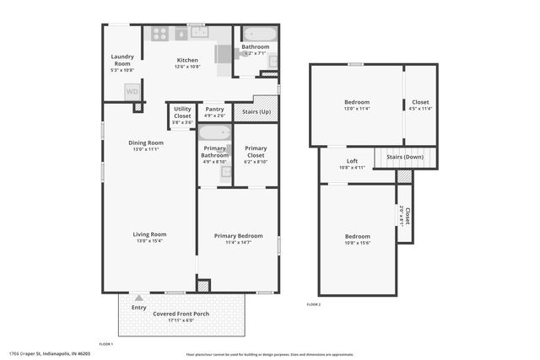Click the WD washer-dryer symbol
(x=132, y=91)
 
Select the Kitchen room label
(x=187, y=59)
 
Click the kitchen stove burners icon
(x=159, y=34)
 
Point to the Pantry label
(x=215, y=109)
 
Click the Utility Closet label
(x=182, y=112)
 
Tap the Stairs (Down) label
(x=405, y=157)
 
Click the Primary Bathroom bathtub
(x=214, y=133)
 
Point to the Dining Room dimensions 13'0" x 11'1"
(x=146, y=149)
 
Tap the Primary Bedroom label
(x=238, y=236)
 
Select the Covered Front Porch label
(x=181, y=314)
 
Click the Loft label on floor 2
(x=353, y=161)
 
